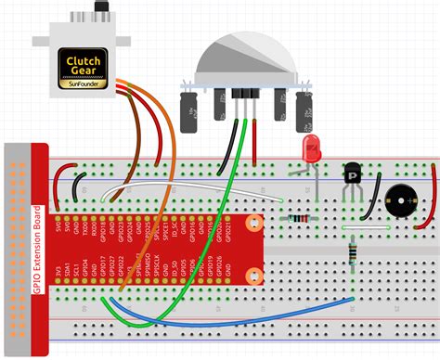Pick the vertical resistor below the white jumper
352,252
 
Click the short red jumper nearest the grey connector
58,181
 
